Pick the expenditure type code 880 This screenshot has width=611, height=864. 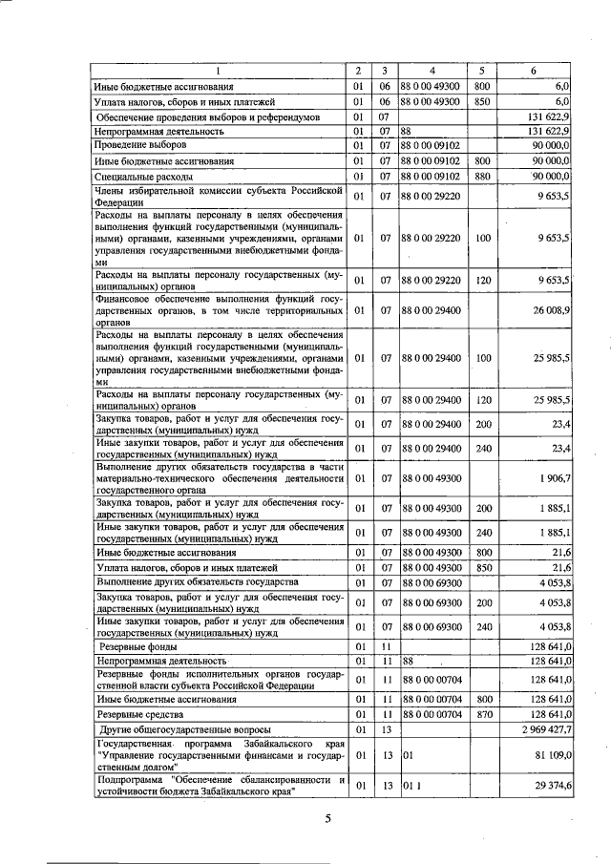click(x=481, y=177)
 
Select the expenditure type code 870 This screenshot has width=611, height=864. click(x=481, y=713)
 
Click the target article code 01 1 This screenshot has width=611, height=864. click(x=408, y=785)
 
